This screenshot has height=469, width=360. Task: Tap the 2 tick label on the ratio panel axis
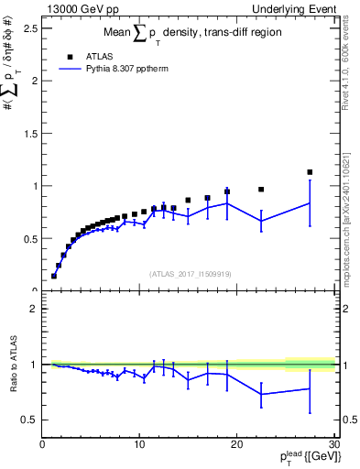point(33,309)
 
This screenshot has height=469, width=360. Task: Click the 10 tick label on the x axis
point(139,445)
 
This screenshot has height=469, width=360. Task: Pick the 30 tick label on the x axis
point(333,445)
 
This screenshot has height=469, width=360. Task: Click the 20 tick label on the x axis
point(236,445)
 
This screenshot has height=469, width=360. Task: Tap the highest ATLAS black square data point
point(310,172)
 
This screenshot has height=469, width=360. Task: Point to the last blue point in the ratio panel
point(310,388)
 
